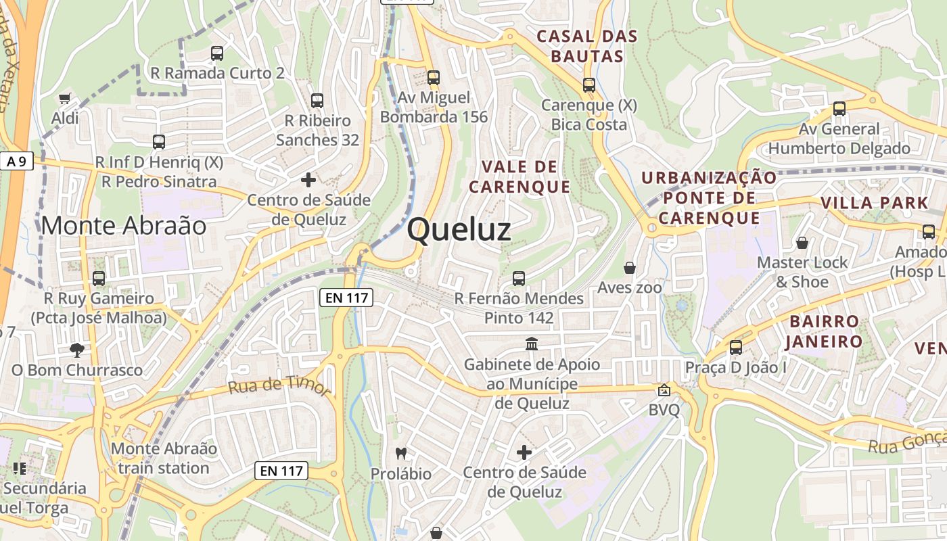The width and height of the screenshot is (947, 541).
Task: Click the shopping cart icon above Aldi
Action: [65, 99]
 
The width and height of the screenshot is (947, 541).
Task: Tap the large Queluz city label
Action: [459, 230]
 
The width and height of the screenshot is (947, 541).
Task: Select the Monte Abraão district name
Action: [124, 226]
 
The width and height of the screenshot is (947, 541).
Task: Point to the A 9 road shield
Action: [16, 162]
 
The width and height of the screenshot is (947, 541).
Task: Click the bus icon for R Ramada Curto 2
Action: [216, 53]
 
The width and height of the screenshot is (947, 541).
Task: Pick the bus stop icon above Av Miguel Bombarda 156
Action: [433, 78]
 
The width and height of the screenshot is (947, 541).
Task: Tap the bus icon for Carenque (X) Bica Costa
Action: [588, 85]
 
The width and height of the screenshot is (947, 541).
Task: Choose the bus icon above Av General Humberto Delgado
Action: [839, 108]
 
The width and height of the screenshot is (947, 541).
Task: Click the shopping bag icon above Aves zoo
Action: [629, 268]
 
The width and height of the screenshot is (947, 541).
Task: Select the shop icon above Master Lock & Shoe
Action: [802, 242]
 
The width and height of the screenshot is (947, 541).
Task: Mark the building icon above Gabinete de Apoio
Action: [532, 344]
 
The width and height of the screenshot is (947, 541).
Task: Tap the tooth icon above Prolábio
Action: [400, 453]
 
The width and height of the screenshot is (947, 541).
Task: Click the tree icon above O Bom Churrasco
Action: [77, 350]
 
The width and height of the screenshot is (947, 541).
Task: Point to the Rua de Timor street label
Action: [279, 386]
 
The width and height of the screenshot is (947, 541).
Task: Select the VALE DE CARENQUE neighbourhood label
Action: [519, 177]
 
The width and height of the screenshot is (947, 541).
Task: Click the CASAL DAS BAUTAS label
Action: [586, 46]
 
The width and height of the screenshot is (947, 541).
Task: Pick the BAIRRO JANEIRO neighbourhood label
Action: [824, 331]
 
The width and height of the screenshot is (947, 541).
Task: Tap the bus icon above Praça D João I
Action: [735, 348]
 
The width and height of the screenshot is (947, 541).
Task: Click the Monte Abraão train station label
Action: [164, 458]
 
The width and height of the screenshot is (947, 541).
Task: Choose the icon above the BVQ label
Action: [664, 390]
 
